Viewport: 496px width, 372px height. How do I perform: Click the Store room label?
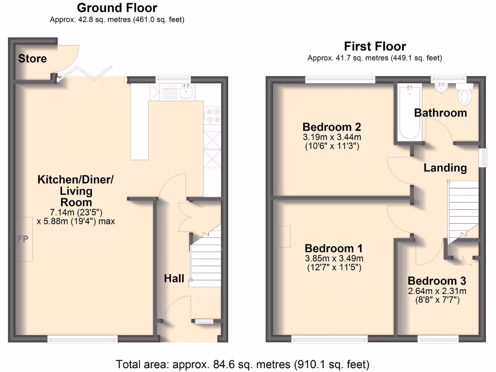pos(32,59)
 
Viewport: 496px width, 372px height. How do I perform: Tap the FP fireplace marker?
pos(23,239)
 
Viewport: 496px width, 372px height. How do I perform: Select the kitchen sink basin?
pos(186,91)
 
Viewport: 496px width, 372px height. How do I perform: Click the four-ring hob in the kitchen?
pos(212,115)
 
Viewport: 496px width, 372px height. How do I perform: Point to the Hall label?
pos(174,279)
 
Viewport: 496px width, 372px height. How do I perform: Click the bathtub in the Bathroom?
pos(410,112)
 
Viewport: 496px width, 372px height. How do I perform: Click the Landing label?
pos(445,168)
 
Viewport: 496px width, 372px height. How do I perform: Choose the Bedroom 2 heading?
pos(331,127)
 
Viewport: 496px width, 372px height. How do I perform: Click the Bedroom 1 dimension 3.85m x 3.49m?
pos(334,259)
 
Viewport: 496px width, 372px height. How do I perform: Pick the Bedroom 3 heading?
pos(437,280)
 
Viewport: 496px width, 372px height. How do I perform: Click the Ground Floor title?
pos(117,8)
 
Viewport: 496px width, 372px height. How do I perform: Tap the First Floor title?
pos(375,46)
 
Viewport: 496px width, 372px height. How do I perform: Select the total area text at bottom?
pos(243,364)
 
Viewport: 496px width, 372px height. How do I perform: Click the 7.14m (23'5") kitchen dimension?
pos(76,212)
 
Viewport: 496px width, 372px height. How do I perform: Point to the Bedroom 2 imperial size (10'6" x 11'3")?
pos(332,146)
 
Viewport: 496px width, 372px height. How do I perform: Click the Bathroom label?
pos(440,113)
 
